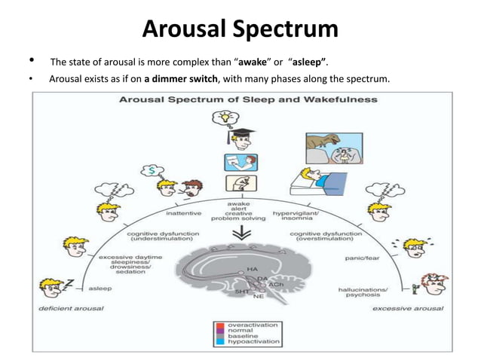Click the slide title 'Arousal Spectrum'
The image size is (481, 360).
click(x=240, y=29)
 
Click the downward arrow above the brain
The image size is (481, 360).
click(x=241, y=234)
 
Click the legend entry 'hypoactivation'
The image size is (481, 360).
click(x=255, y=343)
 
